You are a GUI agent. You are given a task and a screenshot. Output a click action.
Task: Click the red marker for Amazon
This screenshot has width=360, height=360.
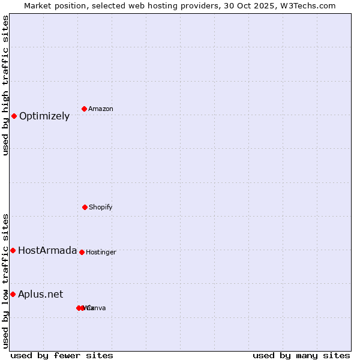pyautogui.click(x=84, y=109)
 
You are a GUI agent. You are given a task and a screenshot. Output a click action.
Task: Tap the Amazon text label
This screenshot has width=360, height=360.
pyautogui.click(x=100, y=109)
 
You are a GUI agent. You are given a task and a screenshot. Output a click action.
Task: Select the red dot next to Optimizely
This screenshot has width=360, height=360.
pyautogui.click(x=14, y=116)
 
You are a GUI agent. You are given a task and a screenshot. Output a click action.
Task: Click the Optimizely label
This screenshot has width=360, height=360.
pyautogui.click(x=44, y=116)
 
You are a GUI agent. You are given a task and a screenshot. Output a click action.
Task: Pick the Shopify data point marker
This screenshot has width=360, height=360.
pyautogui.click(x=85, y=207)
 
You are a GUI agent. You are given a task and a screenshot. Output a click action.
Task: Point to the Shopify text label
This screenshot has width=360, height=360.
pyautogui.click(x=100, y=207)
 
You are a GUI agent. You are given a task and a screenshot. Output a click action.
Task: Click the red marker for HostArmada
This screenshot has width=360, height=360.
pyautogui.click(x=13, y=250)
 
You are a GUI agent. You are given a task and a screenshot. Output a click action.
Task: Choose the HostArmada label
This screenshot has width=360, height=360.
pyautogui.click(x=47, y=250)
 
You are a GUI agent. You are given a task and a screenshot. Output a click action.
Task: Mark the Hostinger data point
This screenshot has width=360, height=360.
pyautogui.click(x=82, y=252)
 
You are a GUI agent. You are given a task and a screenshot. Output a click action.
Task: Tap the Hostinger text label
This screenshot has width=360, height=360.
pyautogui.click(x=101, y=252)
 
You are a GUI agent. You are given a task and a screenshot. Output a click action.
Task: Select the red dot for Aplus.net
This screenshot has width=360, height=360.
pyautogui.click(x=13, y=294)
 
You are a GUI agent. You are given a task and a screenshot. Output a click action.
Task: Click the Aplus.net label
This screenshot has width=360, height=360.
pyautogui.click(x=40, y=294)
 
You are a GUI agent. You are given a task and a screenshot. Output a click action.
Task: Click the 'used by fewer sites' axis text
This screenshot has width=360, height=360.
pyautogui.click(x=62, y=355)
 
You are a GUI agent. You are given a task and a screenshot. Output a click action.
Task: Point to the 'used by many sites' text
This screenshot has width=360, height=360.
pyautogui.click(x=301, y=355)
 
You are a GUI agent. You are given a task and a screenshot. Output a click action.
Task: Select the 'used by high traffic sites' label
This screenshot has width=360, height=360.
pyautogui.click(x=5, y=85)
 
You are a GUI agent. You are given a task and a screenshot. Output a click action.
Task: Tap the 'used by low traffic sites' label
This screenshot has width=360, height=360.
pyautogui.click(x=5, y=281)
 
